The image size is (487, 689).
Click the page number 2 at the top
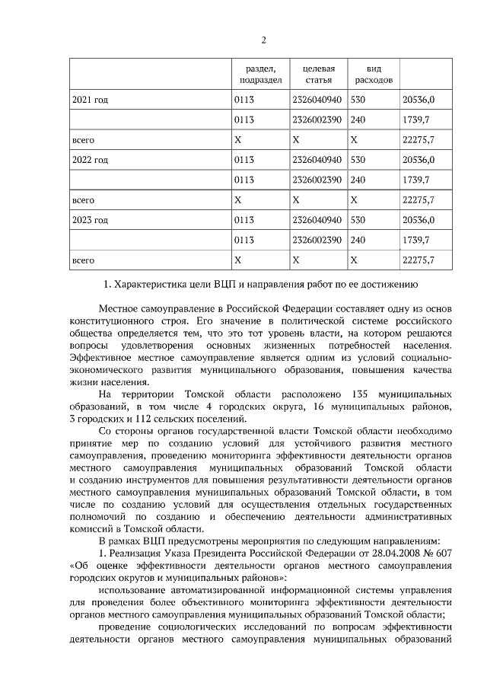[x=263, y=40]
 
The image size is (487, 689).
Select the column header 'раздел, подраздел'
[x=260, y=74]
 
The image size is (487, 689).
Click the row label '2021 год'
[x=90, y=100]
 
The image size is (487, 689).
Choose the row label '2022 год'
[x=90, y=160]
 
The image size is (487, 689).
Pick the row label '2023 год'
[x=90, y=220]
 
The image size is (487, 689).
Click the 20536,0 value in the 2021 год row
[x=418, y=100]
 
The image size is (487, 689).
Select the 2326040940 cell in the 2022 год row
[x=317, y=160]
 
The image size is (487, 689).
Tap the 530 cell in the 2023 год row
[x=358, y=220]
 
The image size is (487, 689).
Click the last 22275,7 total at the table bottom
[x=418, y=260]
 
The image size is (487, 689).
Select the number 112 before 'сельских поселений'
[x=142, y=419]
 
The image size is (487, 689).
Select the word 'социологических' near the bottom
[x=205, y=626]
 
